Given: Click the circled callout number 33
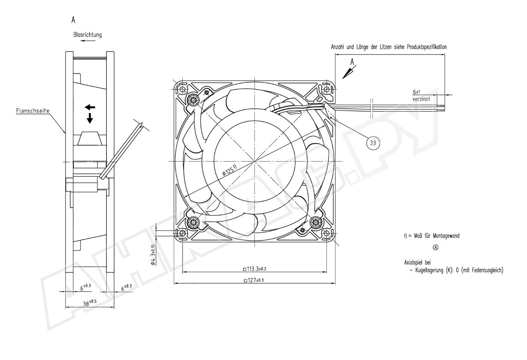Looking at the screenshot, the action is point(373,143).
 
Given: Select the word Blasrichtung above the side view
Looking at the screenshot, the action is point(87,35).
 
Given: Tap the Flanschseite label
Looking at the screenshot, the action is point(32,111).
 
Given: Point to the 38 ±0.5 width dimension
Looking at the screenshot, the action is point(90,303).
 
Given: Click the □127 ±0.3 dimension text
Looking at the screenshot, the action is point(254,280).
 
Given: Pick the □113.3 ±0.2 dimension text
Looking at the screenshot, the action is point(255,269).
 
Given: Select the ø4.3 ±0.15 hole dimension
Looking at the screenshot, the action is point(153,255).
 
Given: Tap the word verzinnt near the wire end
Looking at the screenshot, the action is point(421,99).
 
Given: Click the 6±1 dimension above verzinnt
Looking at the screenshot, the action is point(416,91).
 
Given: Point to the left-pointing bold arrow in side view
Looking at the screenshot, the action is point(90,108).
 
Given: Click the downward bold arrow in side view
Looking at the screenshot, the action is point(90,118).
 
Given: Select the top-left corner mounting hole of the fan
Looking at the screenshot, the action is point(183,89).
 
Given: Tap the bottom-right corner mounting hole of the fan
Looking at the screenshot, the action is point(327,233).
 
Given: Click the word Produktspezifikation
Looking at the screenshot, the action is point(427,47).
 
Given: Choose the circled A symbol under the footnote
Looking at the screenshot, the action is point(436,247).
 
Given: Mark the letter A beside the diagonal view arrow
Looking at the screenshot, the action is point(352,62).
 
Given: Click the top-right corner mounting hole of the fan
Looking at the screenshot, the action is point(327,89).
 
